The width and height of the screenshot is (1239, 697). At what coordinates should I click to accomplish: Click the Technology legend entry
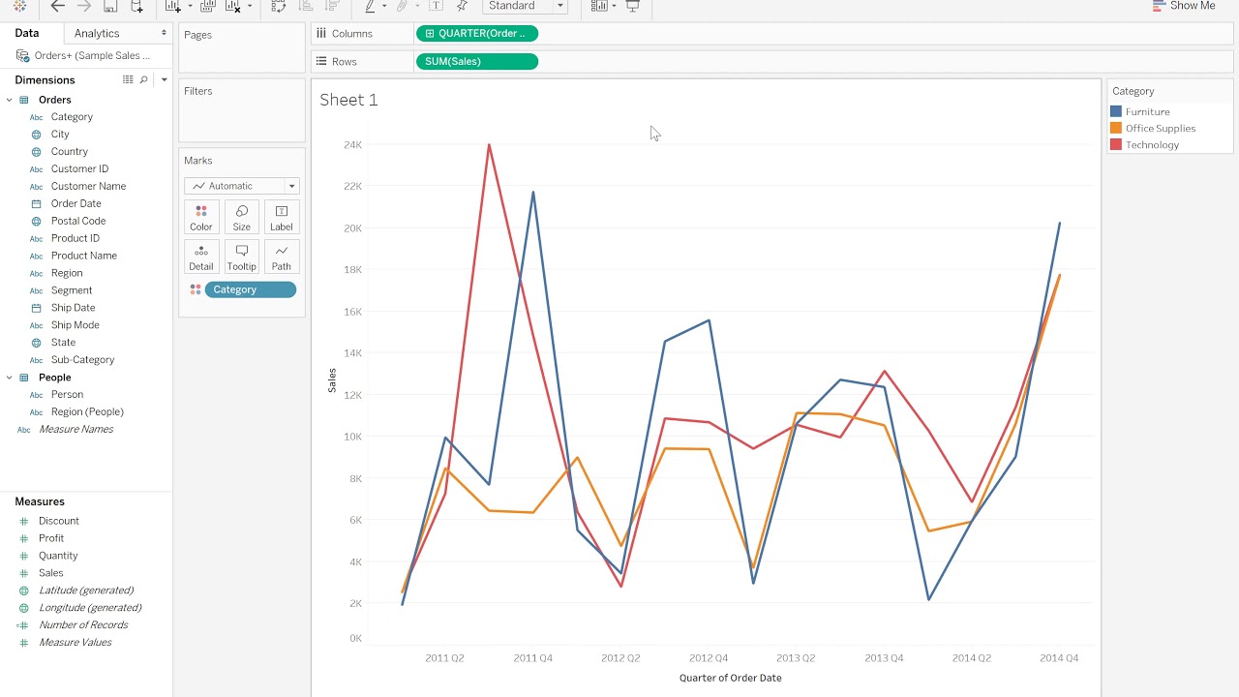point(1152,145)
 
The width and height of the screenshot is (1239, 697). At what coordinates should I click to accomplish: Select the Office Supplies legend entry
point(1160,129)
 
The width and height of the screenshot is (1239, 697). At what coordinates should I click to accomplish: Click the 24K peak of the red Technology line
point(489,145)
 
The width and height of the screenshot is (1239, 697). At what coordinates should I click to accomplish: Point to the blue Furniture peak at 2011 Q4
point(533,193)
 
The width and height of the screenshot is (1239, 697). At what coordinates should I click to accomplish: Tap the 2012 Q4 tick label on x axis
point(708,658)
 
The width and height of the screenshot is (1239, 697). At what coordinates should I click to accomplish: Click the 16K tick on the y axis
point(352,312)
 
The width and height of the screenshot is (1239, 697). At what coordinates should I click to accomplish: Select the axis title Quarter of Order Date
point(730,678)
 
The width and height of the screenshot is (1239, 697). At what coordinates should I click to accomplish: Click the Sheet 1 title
point(348,100)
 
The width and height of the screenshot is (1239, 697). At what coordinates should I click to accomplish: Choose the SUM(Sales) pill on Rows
point(475,61)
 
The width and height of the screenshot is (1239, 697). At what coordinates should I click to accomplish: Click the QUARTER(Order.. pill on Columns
point(476,33)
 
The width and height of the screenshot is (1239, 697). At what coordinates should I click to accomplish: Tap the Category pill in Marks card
point(250,289)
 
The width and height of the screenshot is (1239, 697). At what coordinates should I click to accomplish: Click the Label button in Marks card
point(281,217)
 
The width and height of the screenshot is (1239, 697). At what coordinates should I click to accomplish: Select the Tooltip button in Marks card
point(241,257)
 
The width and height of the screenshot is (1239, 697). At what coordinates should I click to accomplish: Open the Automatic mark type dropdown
point(242,186)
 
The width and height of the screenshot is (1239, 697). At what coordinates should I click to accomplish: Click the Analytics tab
point(97,33)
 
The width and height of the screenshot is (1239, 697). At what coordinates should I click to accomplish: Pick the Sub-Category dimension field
point(82,360)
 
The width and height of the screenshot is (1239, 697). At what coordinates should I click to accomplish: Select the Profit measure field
point(51,538)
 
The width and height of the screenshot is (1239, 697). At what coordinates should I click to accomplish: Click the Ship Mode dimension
point(75,325)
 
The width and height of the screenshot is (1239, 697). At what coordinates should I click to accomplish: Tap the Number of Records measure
point(83,625)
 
